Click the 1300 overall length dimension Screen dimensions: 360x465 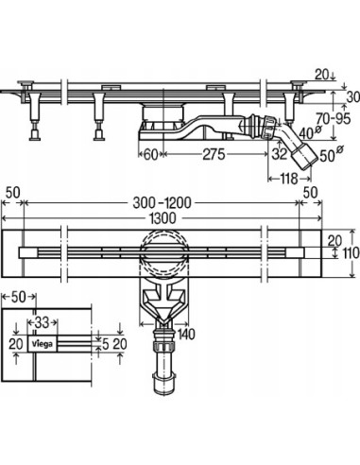(x=163, y=218)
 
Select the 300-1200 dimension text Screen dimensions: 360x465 (x=162, y=202)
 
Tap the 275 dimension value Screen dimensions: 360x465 (x=214, y=154)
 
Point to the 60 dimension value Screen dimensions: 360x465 (x=150, y=154)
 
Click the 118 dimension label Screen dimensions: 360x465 (x=289, y=179)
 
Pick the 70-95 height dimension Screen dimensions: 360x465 (x=333, y=119)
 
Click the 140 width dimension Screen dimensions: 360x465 (x=186, y=335)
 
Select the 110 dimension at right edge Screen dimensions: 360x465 (x=351, y=253)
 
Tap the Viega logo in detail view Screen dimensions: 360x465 (x=43, y=344)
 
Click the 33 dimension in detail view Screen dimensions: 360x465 (x=42, y=322)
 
